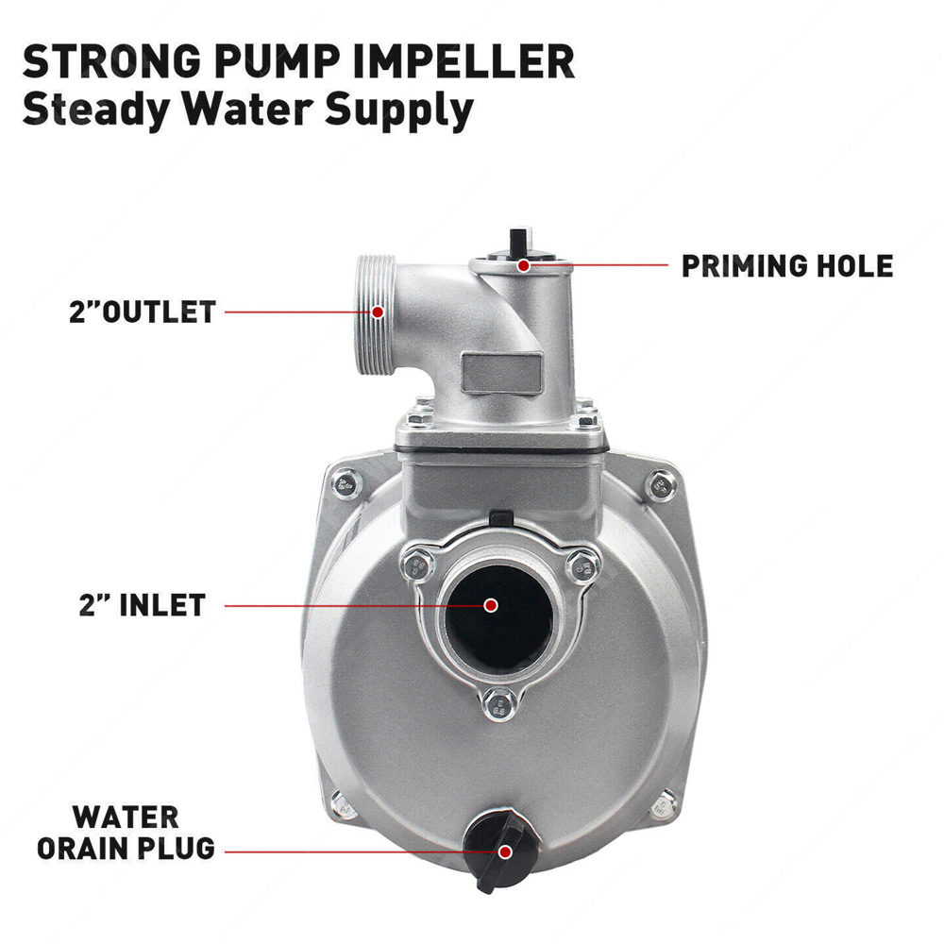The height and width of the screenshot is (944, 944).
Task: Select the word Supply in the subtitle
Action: pyautogui.click(x=399, y=110)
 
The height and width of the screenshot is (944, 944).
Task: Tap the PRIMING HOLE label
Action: pyautogui.click(x=787, y=266)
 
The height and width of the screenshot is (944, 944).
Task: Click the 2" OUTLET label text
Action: pyautogui.click(x=143, y=312)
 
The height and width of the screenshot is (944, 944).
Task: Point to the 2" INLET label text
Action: pyautogui.click(x=143, y=605)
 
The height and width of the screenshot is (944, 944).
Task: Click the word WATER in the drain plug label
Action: pyautogui.click(x=126, y=818)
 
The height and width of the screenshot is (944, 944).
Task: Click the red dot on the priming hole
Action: pyautogui.click(x=524, y=265)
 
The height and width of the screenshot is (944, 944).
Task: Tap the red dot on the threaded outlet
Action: pyautogui.click(x=378, y=312)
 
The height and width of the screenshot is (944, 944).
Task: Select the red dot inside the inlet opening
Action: pyautogui.click(x=491, y=605)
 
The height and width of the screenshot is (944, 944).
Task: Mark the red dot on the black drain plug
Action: pyautogui.click(x=506, y=851)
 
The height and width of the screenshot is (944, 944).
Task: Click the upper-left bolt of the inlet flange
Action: pyautogui.click(x=417, y=565)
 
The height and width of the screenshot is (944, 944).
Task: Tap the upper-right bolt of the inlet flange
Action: pyautogui.click(x=582, y=565)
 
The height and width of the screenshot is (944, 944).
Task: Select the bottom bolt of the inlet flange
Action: pyautogui.click(x=499, y=704)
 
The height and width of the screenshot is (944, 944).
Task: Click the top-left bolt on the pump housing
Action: pyautogui.click(x=346, y=483)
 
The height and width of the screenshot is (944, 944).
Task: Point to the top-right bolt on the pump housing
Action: pyautogui.click(x=661, y=484)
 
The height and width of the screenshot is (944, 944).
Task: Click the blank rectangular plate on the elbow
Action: pyautogui.click(x=502, y=373)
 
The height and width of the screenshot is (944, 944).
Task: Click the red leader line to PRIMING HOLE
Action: pyautogui.click(x=596, y=265)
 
